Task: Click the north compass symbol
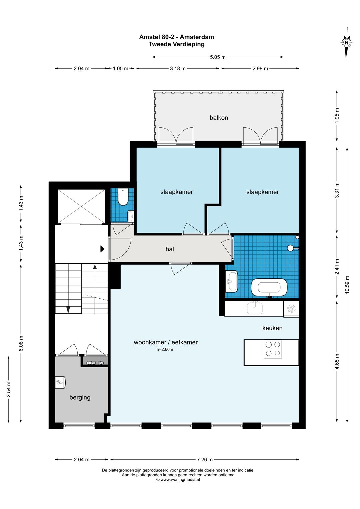point(346,43)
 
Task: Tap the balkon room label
point(219,118)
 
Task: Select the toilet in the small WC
point(123,197)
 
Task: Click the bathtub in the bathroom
point(269,288)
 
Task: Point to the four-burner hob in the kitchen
point(273,349)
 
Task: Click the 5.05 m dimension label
point(218,57)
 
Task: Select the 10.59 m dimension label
point(347,285)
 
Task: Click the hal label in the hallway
point(170,249)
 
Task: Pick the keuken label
point(272,328)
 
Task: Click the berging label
point(80,397)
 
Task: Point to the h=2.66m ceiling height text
point(165,349)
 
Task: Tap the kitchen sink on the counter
point(255,308)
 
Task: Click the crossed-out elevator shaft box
point(81,207)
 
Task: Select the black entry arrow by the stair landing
point(102,249)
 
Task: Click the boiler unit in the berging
point(60,382)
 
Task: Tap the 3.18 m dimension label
point(178,68)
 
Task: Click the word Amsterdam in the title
point(197,37)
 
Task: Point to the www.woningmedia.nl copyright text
point(178,479)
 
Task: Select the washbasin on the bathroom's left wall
point(232,281)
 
